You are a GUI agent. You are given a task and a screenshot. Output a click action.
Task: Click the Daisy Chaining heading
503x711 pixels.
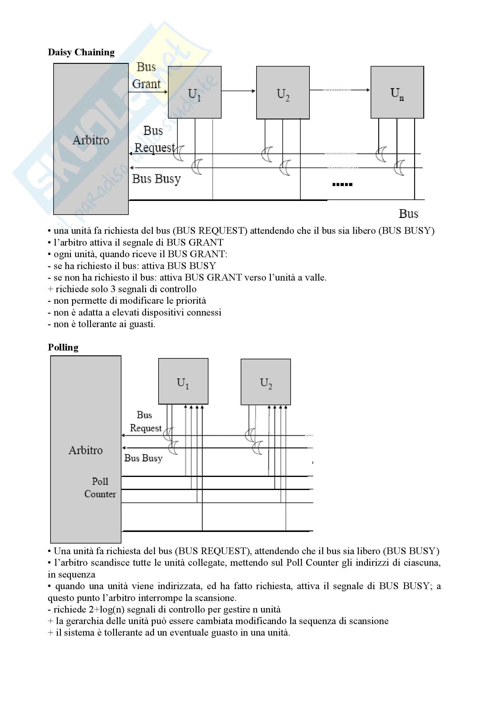tap(81, 52)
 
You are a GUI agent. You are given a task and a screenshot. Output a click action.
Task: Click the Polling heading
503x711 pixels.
tap(63, 347)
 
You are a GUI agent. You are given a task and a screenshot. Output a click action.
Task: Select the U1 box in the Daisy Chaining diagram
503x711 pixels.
tap(195, 92)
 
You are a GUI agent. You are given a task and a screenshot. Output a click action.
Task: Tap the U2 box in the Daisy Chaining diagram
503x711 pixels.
tap(283, 93)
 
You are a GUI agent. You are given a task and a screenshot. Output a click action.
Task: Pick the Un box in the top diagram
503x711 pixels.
tap(397, 92)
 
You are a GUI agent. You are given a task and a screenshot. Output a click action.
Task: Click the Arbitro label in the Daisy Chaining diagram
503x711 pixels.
tap(91, 140)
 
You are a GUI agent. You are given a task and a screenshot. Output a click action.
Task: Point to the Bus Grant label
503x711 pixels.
tap(146, 76)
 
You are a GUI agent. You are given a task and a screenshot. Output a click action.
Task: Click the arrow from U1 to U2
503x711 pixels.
tap(238, 91)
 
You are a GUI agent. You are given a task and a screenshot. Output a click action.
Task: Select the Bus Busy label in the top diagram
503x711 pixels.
tap(156, 179)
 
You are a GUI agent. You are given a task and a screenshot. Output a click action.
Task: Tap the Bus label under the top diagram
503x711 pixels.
tap(408, 214)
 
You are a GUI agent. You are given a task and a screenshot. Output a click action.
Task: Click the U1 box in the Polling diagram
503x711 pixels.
tap(183, 381)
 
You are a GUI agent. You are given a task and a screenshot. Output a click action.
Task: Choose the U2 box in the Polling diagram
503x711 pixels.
tap(266, 382)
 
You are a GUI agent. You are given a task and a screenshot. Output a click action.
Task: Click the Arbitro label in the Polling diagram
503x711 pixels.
tap(86, 450)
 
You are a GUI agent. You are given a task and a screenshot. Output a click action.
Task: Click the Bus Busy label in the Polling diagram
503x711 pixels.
tap(143, 458)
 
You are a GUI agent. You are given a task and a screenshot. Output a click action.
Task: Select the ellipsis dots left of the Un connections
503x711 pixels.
tap(342, 185)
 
